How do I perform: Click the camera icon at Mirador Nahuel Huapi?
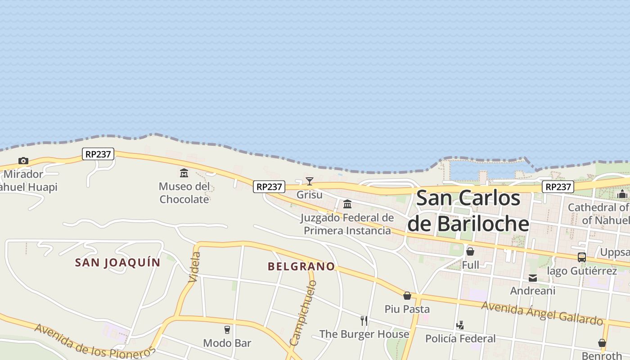(x=23, y=161)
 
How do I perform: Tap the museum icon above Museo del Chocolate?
(x=184, y=173)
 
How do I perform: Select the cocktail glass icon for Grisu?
(x=310, y=181)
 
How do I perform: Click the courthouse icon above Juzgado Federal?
(x=347, y=204)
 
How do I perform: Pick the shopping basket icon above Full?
(x=470, y=252)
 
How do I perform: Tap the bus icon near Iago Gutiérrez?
(x=582, y=257)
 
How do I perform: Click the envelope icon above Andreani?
(x=533, y=278)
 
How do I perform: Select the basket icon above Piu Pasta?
(x=407, y=296)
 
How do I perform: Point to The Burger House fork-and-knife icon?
(x=364, y=321)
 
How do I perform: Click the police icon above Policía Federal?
(x=460, y=325)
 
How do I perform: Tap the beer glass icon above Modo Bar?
(x=227, y=330)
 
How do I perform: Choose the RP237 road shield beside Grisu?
(x=269, y=187)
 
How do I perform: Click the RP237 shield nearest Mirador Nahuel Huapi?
(x=99, y=154)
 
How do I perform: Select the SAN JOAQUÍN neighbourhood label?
(x=117, y=263)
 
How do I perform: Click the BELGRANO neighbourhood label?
(x=301, y=266)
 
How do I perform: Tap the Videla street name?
(x=195, y=267)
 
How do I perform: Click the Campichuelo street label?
(x=304, y=313)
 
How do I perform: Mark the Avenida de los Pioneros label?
(x=95, y=341)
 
